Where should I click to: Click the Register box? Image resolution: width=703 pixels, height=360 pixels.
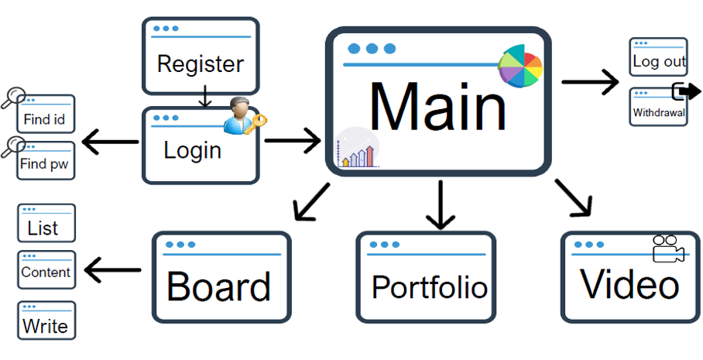tap(201, 56)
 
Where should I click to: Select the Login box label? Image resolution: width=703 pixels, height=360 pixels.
tap(192, 150)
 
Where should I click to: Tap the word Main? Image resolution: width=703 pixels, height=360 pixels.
tap(437, 107)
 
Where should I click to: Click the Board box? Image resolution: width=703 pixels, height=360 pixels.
tap(221, 277)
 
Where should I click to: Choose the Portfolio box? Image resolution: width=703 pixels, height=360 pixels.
tap(427, 277)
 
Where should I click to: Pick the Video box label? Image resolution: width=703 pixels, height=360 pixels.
tap(629, 285)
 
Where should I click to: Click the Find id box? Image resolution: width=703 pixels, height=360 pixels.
tap(46, 114)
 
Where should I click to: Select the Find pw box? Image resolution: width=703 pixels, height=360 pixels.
tap(46, 160)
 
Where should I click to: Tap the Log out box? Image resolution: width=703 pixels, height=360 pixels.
tap(658, 57)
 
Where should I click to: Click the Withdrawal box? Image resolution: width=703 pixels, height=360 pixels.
tap(658, 107)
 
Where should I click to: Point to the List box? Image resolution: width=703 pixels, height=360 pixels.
tap(46, 223)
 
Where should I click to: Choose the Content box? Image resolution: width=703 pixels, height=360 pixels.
tap(46, 269)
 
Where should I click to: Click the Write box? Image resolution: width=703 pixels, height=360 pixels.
tap(46, 320)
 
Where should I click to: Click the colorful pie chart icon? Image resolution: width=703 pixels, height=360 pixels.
tap(520, 66)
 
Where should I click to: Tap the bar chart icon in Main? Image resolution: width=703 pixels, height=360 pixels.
tap(358, 148)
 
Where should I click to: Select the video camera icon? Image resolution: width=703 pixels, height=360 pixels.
tap(668, 248)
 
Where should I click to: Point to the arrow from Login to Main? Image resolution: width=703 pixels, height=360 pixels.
tap(293, 141)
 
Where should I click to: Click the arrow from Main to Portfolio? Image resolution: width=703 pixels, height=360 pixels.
tap(441, 204)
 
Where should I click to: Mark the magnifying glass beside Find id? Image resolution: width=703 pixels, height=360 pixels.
tap(13, 98)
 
